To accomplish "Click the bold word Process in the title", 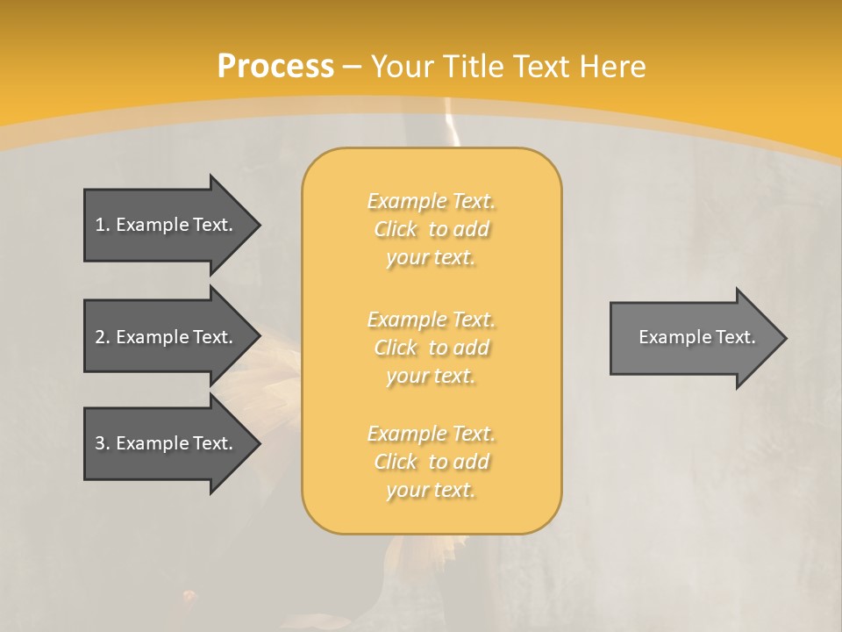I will coord(275,67).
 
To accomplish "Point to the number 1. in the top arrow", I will coord(102,225).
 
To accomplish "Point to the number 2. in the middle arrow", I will coord(102,337).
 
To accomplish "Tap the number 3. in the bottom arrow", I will coord(102,443).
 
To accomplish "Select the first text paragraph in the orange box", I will coord(431,229).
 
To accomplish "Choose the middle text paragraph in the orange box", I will coord(431,348).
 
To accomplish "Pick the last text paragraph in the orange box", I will coord(431,462).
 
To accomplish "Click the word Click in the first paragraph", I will coord(396,230).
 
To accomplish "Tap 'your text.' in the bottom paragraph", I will coord(431,490).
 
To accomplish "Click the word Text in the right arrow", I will coord(735,337).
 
